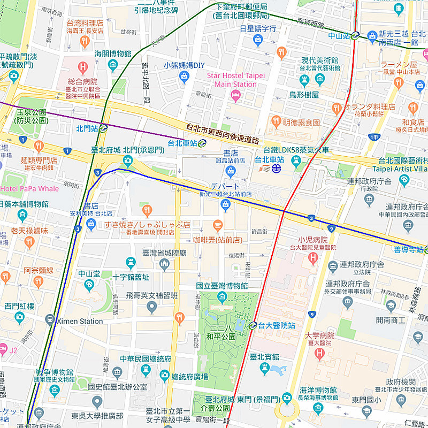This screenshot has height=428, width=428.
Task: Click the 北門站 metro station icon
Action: click(x=103, y=128)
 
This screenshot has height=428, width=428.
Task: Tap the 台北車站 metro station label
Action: click(x=182, y=143)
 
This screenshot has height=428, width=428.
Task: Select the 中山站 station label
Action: click(x=339, y=36)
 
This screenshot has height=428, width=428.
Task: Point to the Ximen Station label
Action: click(x=83, y=321)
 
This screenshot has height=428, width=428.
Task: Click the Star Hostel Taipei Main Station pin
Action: click(x=235, y=95)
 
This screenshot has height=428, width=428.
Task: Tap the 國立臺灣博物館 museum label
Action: click(x=222, y=286)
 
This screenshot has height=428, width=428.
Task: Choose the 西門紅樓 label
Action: click(x=19, y=306)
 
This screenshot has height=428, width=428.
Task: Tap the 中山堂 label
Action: click(x=89, y=273)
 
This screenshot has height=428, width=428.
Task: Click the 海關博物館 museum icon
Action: click(x=113, y=65)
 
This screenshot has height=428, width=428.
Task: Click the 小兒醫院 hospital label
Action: click(x=314, y=240)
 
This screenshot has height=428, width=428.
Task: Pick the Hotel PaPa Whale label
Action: click(x=29, y=188)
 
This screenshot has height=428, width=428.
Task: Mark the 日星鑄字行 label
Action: click(x=258, y=28)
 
